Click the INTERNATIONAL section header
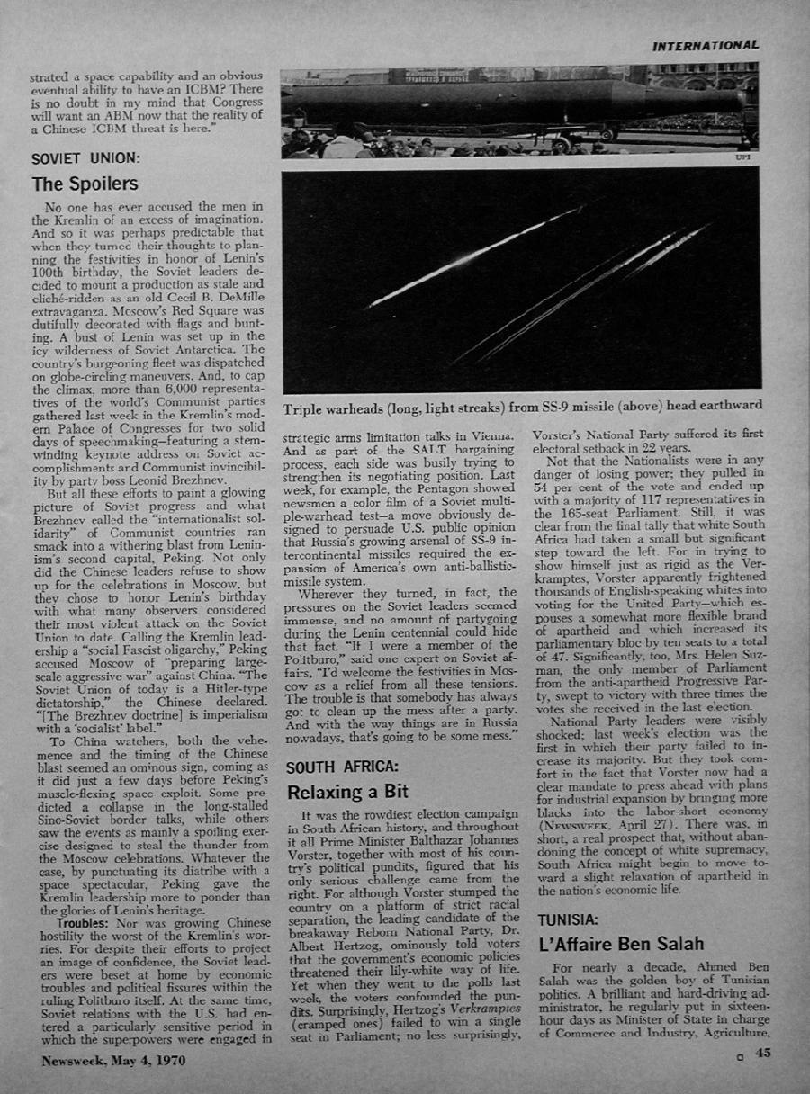tap(706, 45)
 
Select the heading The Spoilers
tap(85, 184)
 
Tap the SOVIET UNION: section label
tap(86, 157)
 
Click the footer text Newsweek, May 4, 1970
tap(113, 1061)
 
